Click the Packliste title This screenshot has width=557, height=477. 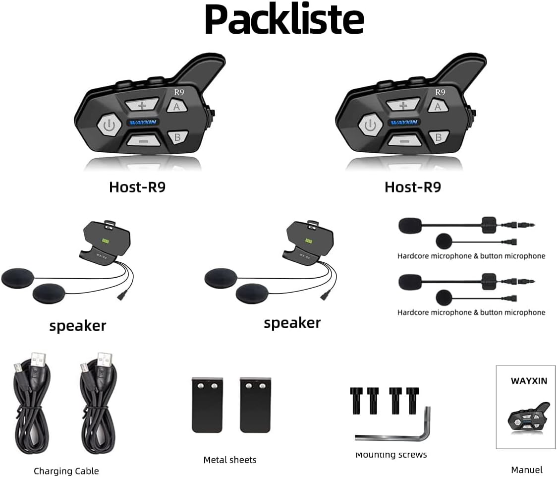[284, 20]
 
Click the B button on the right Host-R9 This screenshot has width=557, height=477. [438, 137]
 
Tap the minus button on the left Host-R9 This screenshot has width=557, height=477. [142, 140]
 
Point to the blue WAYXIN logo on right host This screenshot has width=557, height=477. [404, 122]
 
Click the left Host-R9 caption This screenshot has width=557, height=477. [137, 187]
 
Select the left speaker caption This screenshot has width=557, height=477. [78, 325]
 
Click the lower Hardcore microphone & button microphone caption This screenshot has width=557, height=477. [471, 312]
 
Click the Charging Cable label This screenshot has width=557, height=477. [66, 471]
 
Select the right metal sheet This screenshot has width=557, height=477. [255, 404]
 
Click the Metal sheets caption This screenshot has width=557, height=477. [230, 460]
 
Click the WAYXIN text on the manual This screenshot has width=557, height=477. [529, 381]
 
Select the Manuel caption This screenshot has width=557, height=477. [527, 470]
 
